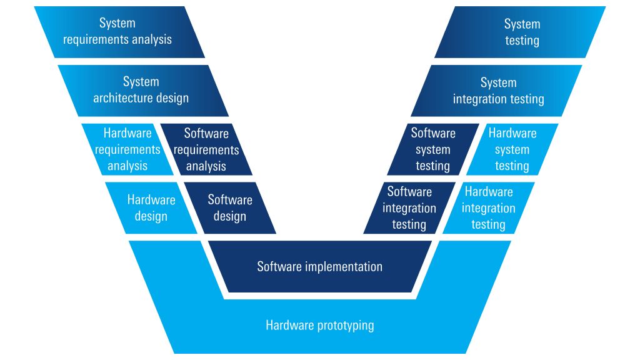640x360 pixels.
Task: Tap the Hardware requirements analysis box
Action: (x=127, y=149)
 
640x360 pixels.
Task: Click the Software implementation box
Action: (x=319, y=267)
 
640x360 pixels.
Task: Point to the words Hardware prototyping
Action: (x=319, y=326)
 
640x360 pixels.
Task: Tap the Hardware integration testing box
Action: (x=489, y=208)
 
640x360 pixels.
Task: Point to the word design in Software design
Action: (x=230, y=216)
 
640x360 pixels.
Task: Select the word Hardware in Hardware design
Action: (x=151, y=200)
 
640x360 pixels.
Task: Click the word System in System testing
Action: (x=522, y=24)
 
